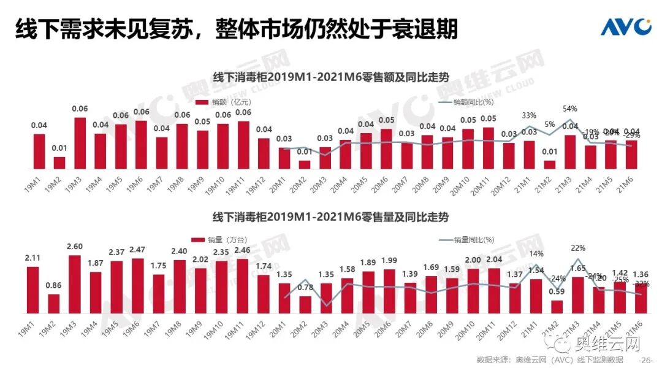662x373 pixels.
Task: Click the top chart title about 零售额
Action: coord(330,77)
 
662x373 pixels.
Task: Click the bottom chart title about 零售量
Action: coord(330,218)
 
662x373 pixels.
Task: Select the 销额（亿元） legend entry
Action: coord(223,102)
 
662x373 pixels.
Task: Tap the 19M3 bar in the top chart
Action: coord(80,143)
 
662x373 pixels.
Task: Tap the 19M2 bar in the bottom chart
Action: coord(54,304)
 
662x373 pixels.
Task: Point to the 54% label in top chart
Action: coord(570,109)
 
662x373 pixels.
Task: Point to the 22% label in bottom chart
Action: coord(578,248)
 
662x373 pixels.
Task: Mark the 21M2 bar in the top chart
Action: coord(549,164)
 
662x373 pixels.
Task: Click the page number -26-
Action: coord(647,360)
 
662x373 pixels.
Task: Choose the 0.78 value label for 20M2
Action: coord(305,287)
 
